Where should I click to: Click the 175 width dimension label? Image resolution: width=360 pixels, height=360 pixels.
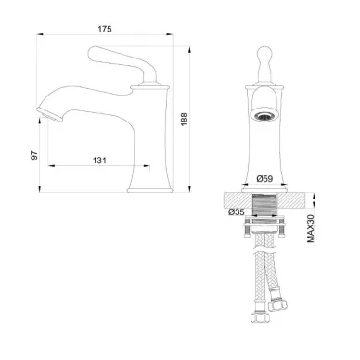click(x=105, y=29)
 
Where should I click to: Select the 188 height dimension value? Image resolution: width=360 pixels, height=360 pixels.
click(x=185, y=120)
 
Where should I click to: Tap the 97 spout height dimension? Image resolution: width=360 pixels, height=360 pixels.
click(x=34, y=155)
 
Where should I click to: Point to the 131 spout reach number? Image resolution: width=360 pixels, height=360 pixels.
click(x=99, y=161)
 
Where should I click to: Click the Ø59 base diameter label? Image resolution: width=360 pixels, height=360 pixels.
click(x=264, y=178)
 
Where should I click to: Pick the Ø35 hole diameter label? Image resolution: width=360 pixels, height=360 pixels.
click(x=237, y=212)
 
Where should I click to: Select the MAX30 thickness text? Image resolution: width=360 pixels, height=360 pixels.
click(x=311, y=228)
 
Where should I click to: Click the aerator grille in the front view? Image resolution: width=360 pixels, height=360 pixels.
click(x=264, y=117)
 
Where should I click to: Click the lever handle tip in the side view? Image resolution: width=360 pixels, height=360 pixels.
click(x=93, y=53)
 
